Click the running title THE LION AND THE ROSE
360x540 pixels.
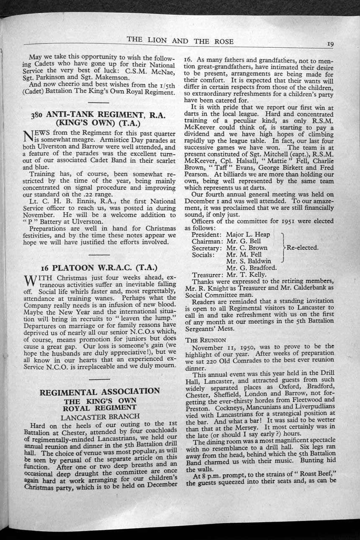coord(180,41)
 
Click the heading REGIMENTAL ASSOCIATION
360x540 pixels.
coord(100,392)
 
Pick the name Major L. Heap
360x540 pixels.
coord(248,235)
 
